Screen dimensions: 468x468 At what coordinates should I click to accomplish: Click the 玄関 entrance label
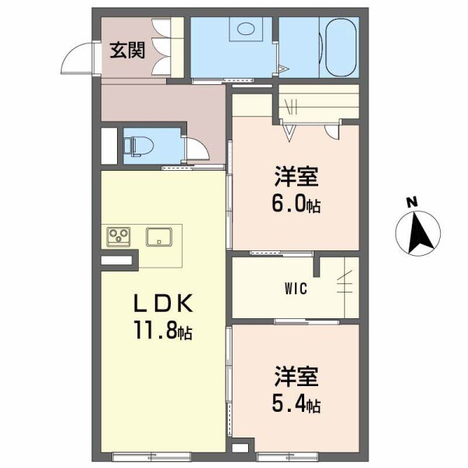pos(127,51)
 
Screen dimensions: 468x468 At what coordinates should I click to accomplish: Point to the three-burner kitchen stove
pos(119,235)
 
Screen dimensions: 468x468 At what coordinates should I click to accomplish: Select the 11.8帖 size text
pos(161,331)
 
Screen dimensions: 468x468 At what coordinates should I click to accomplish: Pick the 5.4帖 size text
pos(295,405)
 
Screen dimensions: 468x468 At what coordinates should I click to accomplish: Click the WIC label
pos(295,289)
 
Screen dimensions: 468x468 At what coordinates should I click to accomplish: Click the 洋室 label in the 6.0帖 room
pos(294,177)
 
